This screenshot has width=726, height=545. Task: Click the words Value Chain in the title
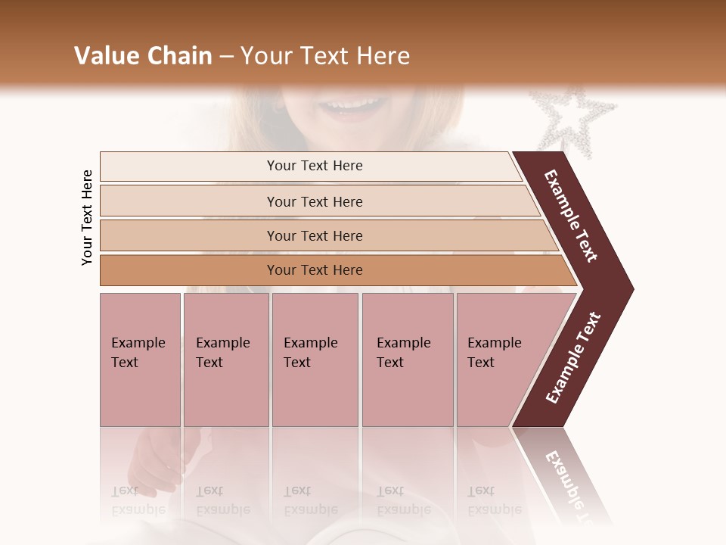tap(143, 56)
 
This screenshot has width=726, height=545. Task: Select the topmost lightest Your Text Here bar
tap(314, 166)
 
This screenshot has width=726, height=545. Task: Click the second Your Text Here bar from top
tap(314, 201)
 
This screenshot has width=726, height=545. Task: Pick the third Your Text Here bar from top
tap(314, 235)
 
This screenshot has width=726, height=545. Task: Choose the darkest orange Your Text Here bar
tap(314, 270)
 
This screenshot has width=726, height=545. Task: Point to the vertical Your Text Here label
tap(87, 217)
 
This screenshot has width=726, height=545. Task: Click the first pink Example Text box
tap(140, 359)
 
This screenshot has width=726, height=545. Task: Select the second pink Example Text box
tap(225, 359)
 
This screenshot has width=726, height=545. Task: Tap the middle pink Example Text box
tap(315, 359)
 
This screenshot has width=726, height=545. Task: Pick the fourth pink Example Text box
tap(407, 359)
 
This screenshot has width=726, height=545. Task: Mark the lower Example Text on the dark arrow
tap(573, 357)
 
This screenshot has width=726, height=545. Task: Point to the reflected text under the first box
tap(138, 500)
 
